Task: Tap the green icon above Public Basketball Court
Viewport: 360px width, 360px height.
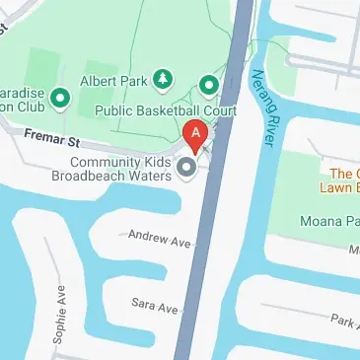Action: coord(208,85)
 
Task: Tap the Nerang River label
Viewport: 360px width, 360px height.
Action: coord(262,109)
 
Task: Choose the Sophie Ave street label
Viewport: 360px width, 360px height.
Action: coord(60,314)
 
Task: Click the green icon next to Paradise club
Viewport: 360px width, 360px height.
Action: coord(58,97)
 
